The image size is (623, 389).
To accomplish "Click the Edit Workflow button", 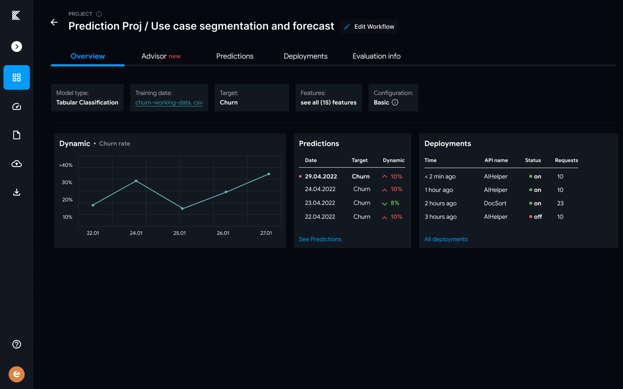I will (x=369, y=27).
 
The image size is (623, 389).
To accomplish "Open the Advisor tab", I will (x=161, y=56).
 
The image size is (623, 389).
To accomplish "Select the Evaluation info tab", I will (x=376, y=56).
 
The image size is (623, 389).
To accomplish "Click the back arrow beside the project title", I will (x=54, y=22).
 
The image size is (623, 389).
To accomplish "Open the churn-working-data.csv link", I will (x=169, y=102).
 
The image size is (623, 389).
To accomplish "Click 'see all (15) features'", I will (x=328, y=102).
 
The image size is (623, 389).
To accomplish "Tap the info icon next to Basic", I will (x=395, y=102).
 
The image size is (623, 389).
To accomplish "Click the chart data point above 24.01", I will (x=136, y=181).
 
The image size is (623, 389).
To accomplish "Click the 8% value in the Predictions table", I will (x=395, y=203).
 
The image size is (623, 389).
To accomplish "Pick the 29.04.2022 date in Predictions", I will (x=321, y=176).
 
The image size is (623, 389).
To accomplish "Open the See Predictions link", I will (x=320, y=239).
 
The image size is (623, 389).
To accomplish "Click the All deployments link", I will (x=446, y=239).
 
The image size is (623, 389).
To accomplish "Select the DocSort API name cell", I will (x=495, y=203).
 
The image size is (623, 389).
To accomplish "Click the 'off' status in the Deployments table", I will (x=537, y=217).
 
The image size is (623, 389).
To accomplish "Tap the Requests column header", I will (x=566, y=160).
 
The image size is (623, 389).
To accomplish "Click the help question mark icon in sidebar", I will (x=17, y=344).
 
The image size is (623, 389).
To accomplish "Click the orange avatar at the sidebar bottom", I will (x=17, y=374).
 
